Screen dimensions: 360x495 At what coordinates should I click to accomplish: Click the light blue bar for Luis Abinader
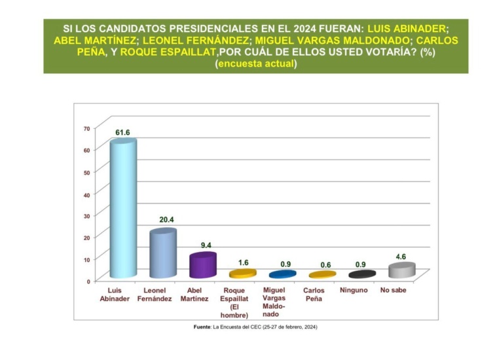[122, 209]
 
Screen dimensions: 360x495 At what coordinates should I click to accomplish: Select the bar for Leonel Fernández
[162, 254]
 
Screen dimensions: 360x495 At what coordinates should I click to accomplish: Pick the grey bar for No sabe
[401, 270]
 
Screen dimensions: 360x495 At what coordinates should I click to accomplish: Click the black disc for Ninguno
[361, 274]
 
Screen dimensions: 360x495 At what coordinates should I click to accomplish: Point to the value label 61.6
[123, 132]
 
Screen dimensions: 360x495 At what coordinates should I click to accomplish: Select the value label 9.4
[204, 245]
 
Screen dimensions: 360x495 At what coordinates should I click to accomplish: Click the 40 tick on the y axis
[86, 194]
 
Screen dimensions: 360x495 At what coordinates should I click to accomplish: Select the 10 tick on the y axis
[86, 259]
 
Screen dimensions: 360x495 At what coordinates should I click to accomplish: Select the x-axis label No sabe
[393, 289]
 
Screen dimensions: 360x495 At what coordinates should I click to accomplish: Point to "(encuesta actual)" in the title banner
[256, 63]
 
